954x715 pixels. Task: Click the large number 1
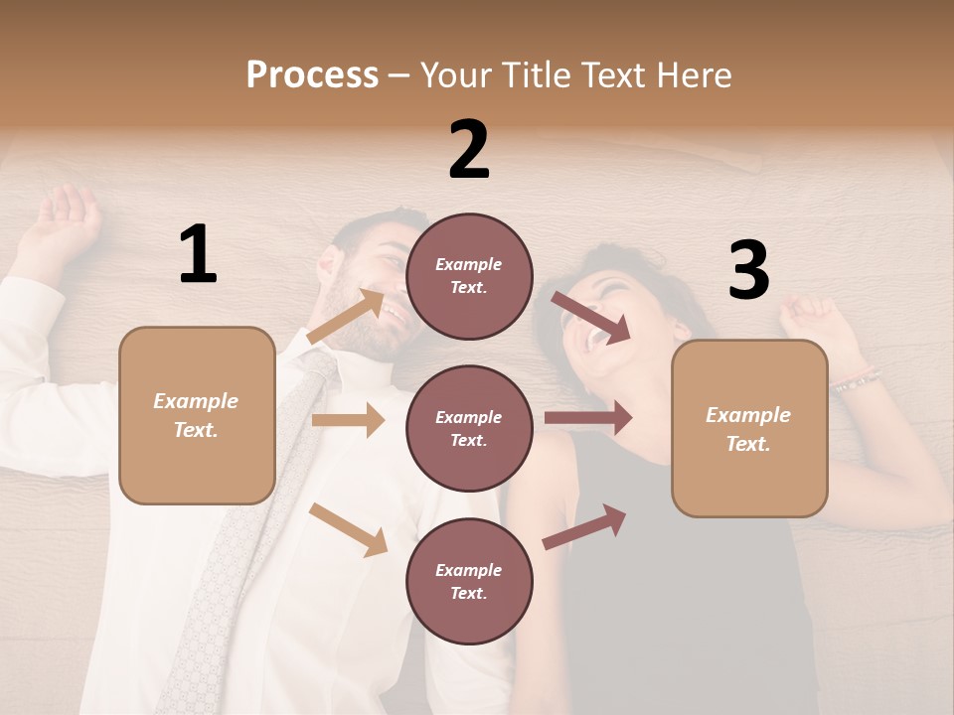tap(198, 255)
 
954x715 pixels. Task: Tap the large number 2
tap(469, 150)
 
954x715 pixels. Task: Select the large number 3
tap(748, 270)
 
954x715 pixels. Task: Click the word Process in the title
tap(312, 74)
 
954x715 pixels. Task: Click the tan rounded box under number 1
tap(197, 415)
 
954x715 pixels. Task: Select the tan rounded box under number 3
tap(749, 429)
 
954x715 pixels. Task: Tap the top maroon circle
tap(469, 276)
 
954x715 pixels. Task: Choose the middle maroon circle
tap(469, 428)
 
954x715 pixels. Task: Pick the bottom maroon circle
tap(469, 581)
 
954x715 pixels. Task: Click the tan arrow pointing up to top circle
tap(346, 316)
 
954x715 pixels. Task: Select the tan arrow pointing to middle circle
tap(348, 420)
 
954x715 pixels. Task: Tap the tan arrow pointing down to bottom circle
tap(349, 529)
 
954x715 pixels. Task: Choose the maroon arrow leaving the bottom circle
tap(584, 526)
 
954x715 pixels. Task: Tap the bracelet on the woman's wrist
tap(856, 379)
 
